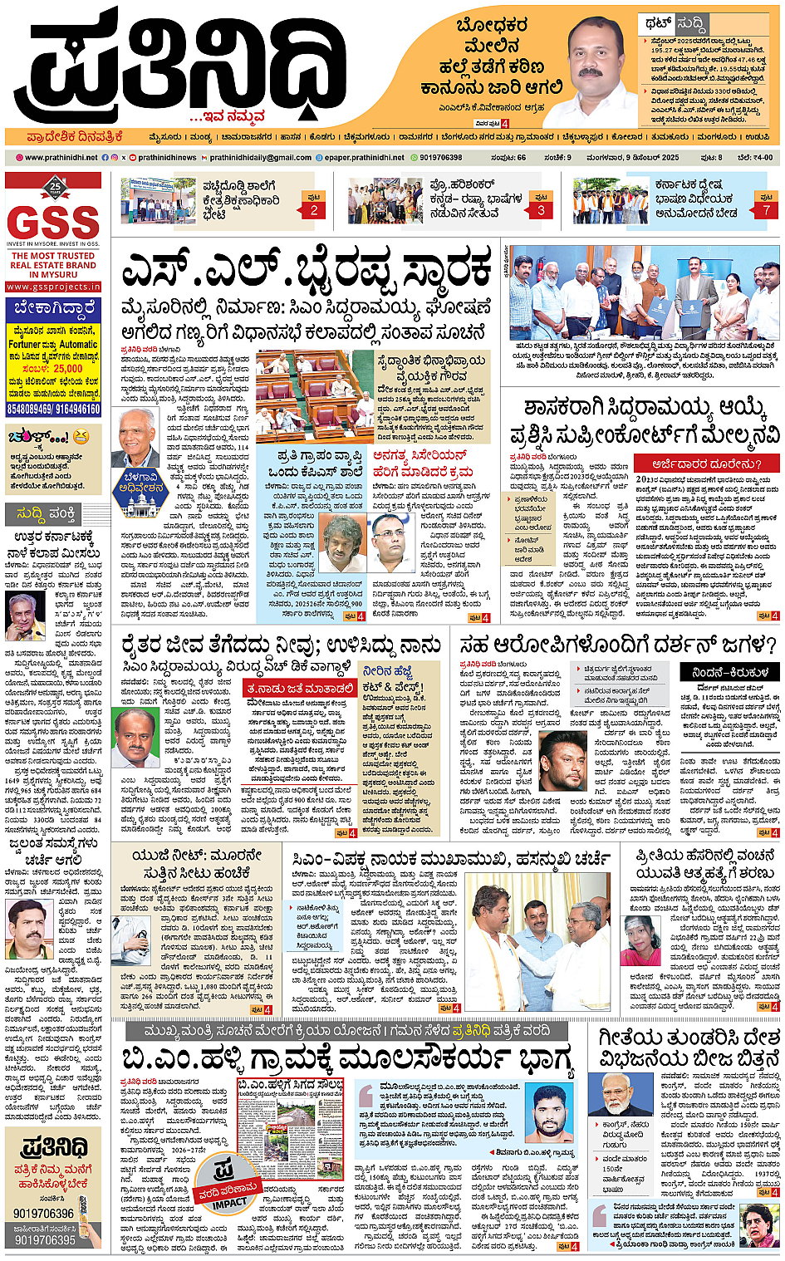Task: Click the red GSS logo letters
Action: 53,222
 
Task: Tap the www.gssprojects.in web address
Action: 53,287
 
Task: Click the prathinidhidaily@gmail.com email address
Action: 260,157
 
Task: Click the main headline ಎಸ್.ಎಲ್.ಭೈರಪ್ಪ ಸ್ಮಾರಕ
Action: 306,271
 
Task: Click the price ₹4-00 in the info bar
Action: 755,157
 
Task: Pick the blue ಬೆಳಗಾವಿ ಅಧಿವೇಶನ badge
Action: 142,486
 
